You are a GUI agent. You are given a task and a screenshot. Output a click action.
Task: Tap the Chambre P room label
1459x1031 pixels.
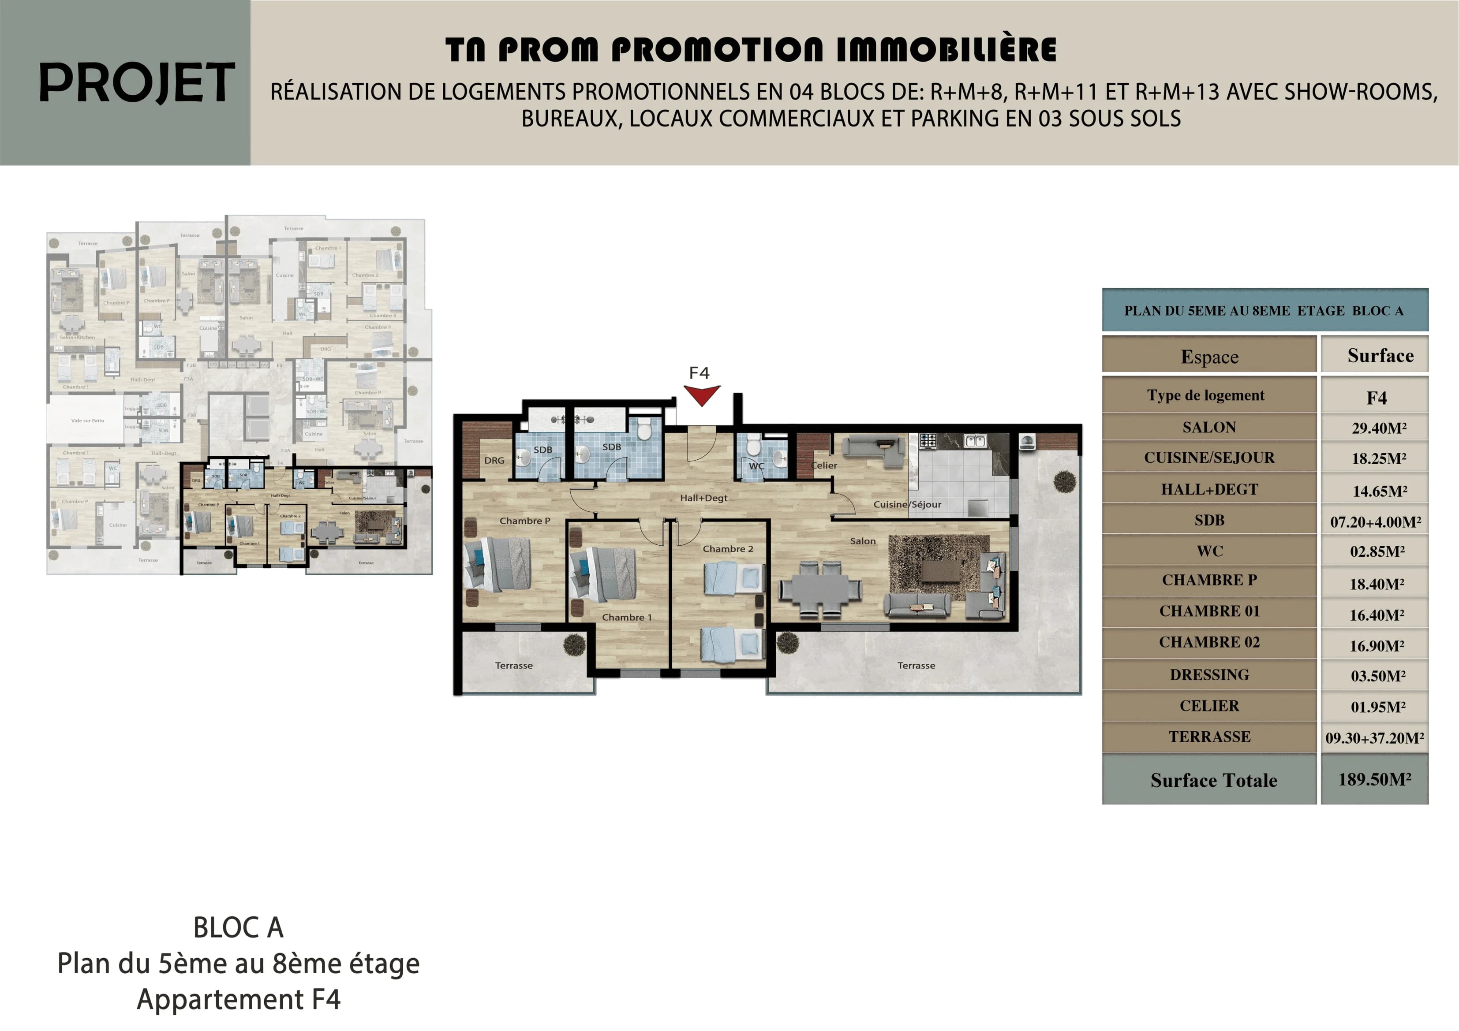coord(524,521)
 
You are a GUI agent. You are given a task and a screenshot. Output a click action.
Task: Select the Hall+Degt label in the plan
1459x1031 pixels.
coord(703,498)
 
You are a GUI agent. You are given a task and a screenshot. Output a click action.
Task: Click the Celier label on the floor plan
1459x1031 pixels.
coord(824,465)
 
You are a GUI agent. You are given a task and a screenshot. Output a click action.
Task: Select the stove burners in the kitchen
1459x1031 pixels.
coord(928,440)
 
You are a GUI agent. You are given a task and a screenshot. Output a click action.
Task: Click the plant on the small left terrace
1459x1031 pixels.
coord(574,645)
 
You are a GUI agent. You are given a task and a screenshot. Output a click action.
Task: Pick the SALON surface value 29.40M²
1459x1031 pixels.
coord(1379,428)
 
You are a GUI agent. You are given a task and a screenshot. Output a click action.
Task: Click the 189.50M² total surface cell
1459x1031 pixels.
coord(1374,779)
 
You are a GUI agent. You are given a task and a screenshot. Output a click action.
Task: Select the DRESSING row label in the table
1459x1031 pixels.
coord(1209,675)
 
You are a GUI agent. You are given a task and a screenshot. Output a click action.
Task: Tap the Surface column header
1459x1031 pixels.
coord(1380,356)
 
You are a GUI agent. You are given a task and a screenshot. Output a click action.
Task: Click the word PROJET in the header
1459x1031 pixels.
coord(137,83)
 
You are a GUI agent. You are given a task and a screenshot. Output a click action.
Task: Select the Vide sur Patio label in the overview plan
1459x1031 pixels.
coord(88,421)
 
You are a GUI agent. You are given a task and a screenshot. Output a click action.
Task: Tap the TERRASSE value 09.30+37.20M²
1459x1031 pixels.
coord(1374,738)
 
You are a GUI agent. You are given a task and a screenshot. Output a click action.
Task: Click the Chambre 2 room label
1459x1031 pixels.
coord(728,549)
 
